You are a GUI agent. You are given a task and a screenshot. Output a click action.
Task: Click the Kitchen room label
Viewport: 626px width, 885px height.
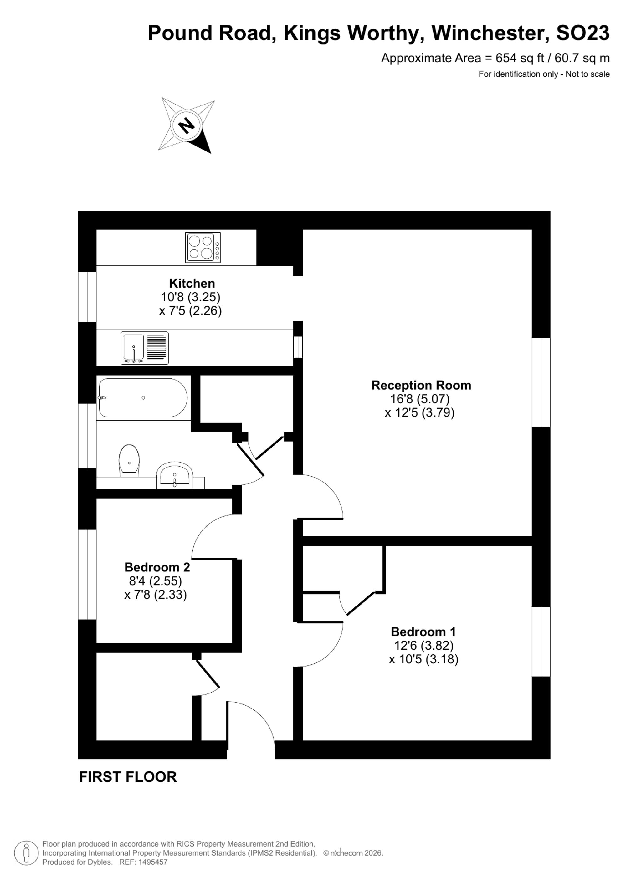coord(192,283)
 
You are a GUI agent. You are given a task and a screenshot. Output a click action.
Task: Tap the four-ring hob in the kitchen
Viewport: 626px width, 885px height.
coord(203,248)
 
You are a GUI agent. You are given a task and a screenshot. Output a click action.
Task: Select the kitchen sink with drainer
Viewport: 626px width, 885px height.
coord(145,348)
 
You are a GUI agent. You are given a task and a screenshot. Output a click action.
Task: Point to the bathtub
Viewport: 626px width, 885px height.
coord(143,398)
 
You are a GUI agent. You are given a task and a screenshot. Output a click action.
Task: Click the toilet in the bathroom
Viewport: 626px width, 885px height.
coord(129,459)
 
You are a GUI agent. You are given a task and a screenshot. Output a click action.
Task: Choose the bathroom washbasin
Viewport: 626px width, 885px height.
coord(175,475)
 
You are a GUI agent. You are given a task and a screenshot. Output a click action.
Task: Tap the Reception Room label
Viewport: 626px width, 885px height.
coord(421,385)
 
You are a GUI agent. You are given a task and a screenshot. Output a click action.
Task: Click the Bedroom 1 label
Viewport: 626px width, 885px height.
coord(423,632)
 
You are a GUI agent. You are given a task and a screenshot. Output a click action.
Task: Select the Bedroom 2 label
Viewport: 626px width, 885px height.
coord(157,567)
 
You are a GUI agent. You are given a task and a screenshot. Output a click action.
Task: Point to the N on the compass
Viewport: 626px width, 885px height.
coord(187,125)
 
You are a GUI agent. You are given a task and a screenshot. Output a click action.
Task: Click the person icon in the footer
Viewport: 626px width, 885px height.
coord(26,853)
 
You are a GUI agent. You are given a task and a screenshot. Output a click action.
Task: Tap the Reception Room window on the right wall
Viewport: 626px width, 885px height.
coord(541,382)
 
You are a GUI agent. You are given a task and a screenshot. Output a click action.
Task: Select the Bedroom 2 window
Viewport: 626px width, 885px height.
coord(87,574)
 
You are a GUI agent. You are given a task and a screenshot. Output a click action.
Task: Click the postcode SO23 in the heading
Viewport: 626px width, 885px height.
coord(583,33)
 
